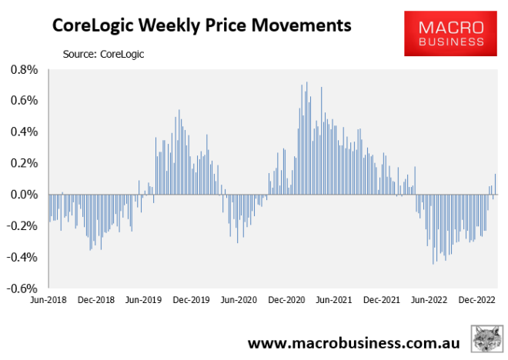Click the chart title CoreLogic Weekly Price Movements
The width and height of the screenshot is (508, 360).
[201, 25]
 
